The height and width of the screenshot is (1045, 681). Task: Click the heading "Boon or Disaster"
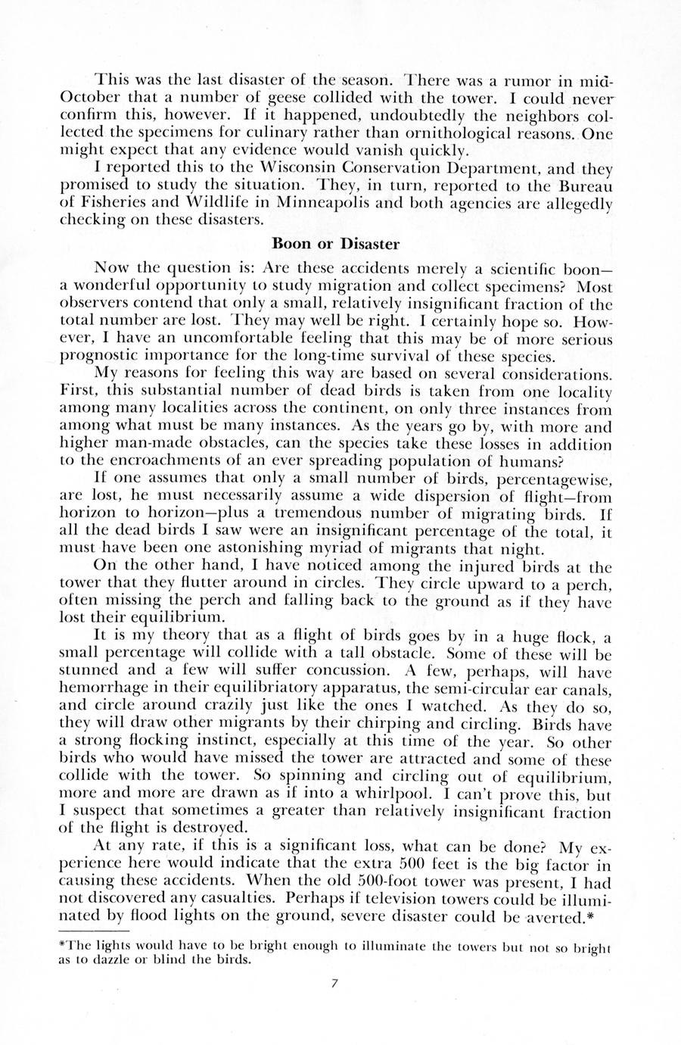pos(340,244)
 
